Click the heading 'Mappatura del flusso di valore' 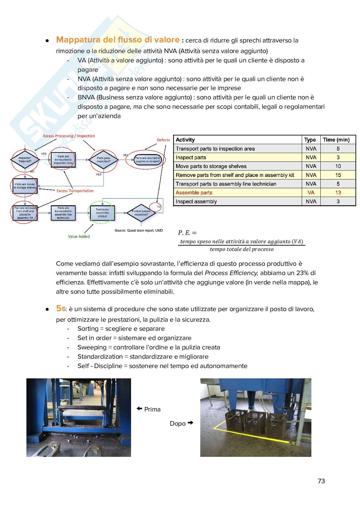coord(118,40)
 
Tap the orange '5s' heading coord(61,308)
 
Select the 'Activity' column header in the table coord(185,140)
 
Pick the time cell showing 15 coord(338,175)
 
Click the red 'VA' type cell coord(311,192)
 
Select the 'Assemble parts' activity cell coord(194,192)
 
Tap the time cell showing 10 coord(338,166)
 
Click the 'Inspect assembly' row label coord(196,201)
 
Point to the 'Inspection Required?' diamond coord(25,160)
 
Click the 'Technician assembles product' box coord(102,213)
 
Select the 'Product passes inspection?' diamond coord(141,213)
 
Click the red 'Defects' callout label coord(163,140)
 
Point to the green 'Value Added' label coord(79,236)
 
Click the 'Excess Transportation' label coord(75,191)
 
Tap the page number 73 coord(321,481)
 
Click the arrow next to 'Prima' coord(139,409)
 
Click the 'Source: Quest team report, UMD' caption coord(139,230)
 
